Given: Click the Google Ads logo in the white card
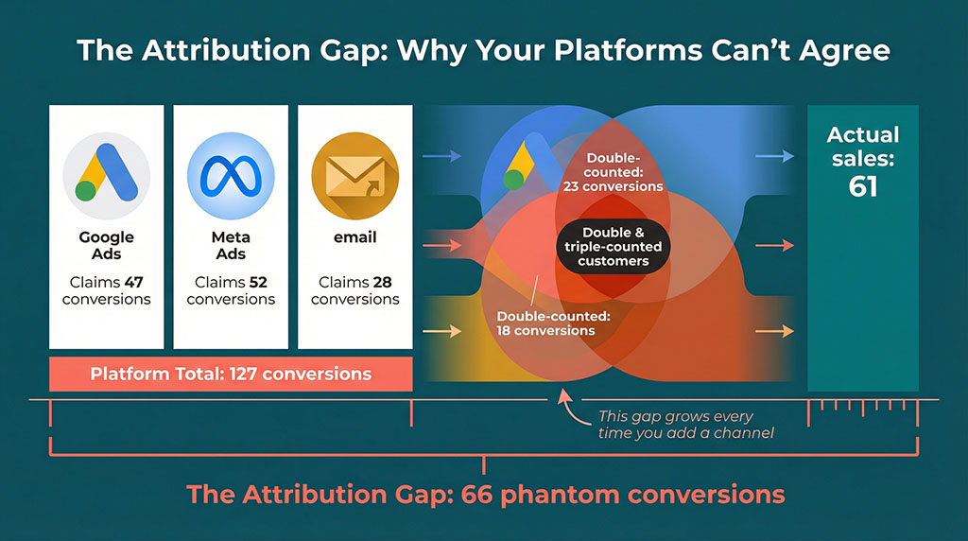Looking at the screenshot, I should tap(106, 176).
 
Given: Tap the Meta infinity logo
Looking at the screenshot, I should tap(231, 176).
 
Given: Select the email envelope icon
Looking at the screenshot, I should tap(354, 176).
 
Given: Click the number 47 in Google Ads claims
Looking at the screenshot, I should tap(136, 282).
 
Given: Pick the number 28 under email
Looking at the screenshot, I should tap(384, 282).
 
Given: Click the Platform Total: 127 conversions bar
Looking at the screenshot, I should tap(231, 374).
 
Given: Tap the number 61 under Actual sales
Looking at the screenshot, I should tap(862, 186).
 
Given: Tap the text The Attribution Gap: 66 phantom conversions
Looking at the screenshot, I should tap(485, 494).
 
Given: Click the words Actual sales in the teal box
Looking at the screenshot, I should tap(862, 146).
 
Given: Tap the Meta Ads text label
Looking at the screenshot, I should tap(231, 245).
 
